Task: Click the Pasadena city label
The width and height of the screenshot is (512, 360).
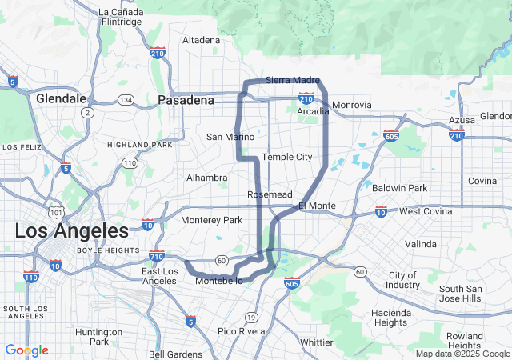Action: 186,100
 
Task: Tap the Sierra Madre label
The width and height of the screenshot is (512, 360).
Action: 292,81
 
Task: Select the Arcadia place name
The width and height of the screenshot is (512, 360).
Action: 313,111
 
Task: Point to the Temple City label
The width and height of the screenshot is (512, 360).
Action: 286,157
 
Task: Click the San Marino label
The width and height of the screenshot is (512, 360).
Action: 230,137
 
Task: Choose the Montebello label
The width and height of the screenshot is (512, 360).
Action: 218,281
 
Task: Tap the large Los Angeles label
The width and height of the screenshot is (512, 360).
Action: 71,231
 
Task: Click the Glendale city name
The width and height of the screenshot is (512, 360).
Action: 61,98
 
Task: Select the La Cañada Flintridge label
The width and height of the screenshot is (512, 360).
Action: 120,17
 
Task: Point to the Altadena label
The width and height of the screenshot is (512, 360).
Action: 201,40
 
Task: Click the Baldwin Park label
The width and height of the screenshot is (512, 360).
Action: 399,188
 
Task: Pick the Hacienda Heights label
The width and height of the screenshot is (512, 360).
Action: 391,318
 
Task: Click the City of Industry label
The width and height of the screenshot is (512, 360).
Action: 402,280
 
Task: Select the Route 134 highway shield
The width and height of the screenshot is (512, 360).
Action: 125,99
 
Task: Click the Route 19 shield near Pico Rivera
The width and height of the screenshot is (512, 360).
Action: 251,317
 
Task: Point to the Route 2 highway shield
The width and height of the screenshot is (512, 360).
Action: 86,113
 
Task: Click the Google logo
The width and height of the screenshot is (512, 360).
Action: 26,350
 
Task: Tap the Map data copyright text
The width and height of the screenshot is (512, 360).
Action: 462,353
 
